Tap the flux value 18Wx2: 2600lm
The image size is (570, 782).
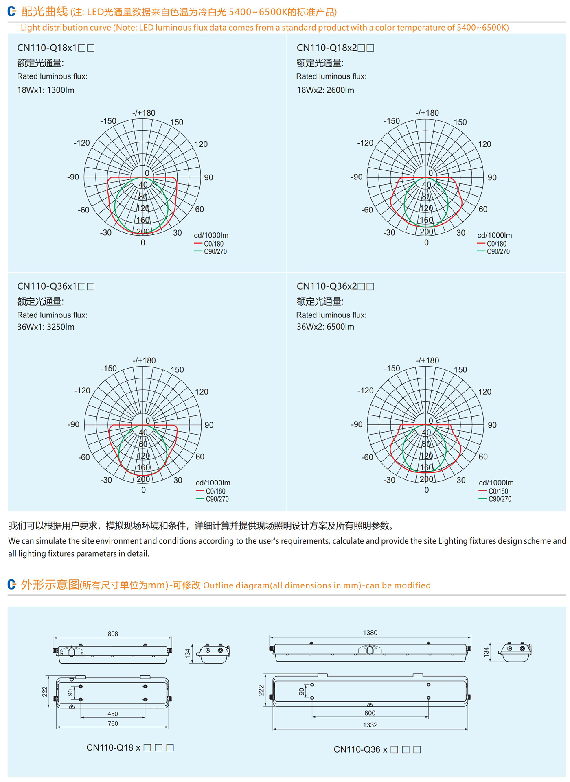(325, 90)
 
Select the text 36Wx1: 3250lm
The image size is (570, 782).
(46, 327)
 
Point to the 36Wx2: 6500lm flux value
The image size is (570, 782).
(325, 327)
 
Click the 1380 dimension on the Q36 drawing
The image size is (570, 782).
(370, 633)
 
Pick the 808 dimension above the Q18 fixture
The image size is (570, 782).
(113, 633)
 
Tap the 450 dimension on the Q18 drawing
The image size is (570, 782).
(113, 714)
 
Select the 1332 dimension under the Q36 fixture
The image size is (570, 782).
(370, 725)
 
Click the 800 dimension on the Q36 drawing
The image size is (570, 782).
(370, 713)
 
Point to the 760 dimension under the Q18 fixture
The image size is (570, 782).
(113, 723)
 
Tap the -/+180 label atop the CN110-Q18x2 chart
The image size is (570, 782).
(427, 113)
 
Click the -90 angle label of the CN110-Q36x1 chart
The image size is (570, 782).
(73, 424)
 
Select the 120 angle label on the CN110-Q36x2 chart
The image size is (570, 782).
(485, 391)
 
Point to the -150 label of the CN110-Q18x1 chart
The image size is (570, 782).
(108, 121)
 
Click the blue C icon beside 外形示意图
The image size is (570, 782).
(12, 585)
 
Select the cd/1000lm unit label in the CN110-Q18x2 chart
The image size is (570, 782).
(495, 235)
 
